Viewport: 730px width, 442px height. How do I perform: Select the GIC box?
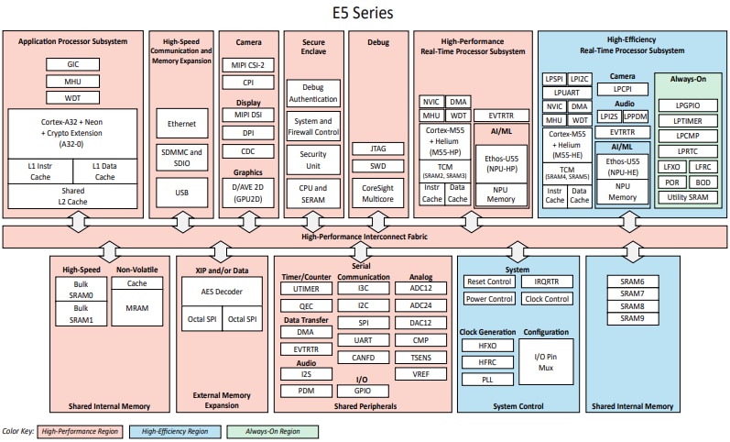pyautogui.click(x=72, y=65)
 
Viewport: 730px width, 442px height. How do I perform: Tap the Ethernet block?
pyautogui.click(x=180, y=122)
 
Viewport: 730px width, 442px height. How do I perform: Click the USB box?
pyautogui.click(x=180, y=193)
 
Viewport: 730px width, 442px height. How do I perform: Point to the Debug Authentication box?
pyautogui.click(x=313, y=92)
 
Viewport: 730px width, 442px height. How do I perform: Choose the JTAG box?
pyautogui.click(x=378, y=148)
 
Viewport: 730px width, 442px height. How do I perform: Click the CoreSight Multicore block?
pyautogui.click(x=378, y=191)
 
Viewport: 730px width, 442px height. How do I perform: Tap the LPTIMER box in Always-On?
pyautogui.click(x=687, y=121)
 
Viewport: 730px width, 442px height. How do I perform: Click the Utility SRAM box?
pyautogui.click(x=687, y=198)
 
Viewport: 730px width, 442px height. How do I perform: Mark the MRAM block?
pyautogui.click(x=137, y=309)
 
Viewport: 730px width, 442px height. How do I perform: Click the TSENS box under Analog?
pyautogui.click(x=420, y=357)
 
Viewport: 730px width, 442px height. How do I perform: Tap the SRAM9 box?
pyautogui.click(x=631, y=318)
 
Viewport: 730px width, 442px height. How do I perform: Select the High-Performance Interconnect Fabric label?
pyautogui.click(x=364, y=237)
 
